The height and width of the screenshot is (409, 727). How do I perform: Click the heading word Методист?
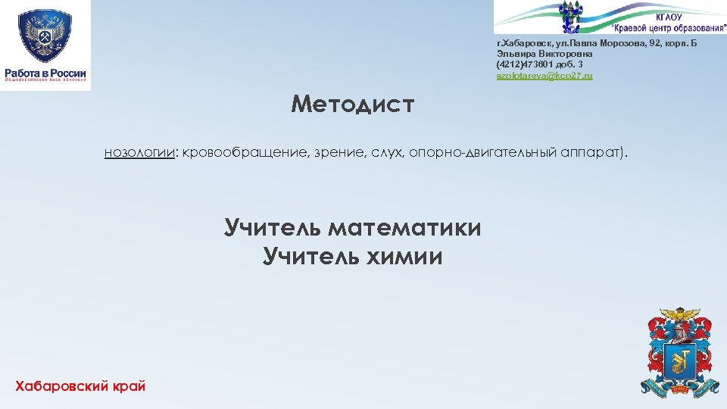(353, 104)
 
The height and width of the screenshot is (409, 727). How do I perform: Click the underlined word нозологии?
(139, 154)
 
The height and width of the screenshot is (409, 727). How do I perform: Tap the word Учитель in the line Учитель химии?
(310, 258)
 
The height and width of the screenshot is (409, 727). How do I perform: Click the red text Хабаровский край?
(80, 387)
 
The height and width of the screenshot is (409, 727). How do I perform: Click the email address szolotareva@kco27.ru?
(544, 76)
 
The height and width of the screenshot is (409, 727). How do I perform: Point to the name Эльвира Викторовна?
(544, 55)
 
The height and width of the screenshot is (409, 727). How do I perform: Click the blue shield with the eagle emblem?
(45, 36)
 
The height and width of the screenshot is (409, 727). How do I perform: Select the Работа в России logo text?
(45, 73)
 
